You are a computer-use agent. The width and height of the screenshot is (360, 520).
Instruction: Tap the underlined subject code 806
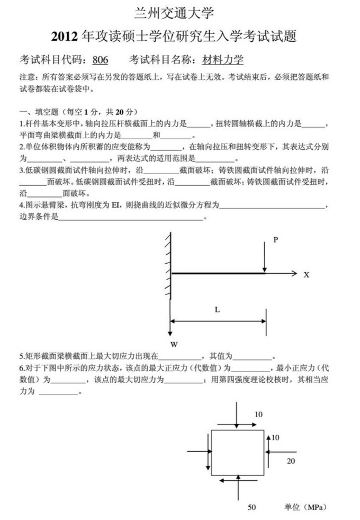[x=100, y=60]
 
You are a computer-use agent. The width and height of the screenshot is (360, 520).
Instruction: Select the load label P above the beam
[x=276, y=240]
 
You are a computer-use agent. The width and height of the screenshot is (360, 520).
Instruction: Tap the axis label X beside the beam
[x=306, y=275]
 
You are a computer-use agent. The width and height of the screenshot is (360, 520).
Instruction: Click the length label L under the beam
[x=218, y=309]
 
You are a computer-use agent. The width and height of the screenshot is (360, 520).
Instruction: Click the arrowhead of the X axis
[x=294, y=274]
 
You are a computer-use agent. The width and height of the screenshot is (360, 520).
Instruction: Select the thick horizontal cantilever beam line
[x=218, y=274]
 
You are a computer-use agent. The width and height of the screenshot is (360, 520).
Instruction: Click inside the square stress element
[x=237, y=453]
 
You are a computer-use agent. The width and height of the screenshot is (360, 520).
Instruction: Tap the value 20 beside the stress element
[x=291, y=461]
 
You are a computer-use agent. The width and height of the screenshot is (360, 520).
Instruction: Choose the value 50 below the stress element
[x=252, y=507]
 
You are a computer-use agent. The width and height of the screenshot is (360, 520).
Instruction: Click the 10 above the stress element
[x=258, y=415]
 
